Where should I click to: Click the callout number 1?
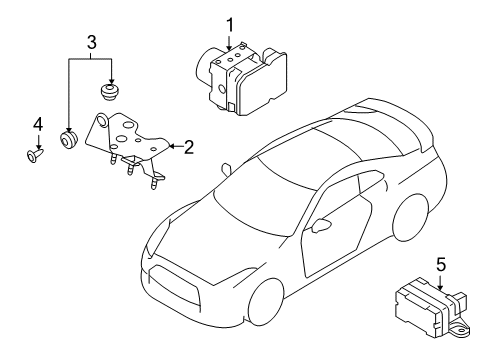(x=229, y=23)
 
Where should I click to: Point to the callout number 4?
(x=38, y=124)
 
